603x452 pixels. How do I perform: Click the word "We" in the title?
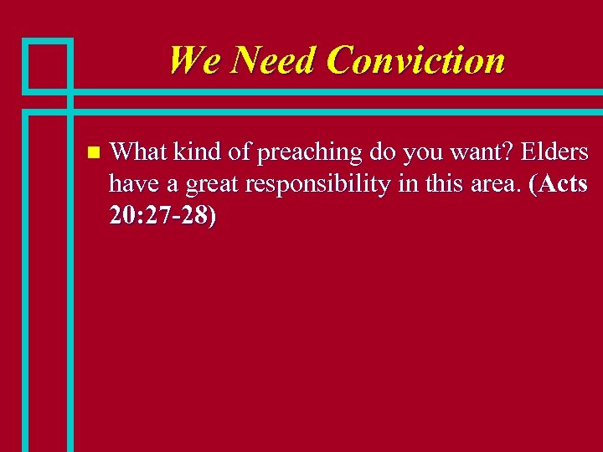(194, 60)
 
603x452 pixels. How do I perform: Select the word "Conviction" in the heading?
(416, 60)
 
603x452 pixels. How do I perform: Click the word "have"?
(130, 184)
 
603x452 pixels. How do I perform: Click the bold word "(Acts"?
(559, 184)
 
